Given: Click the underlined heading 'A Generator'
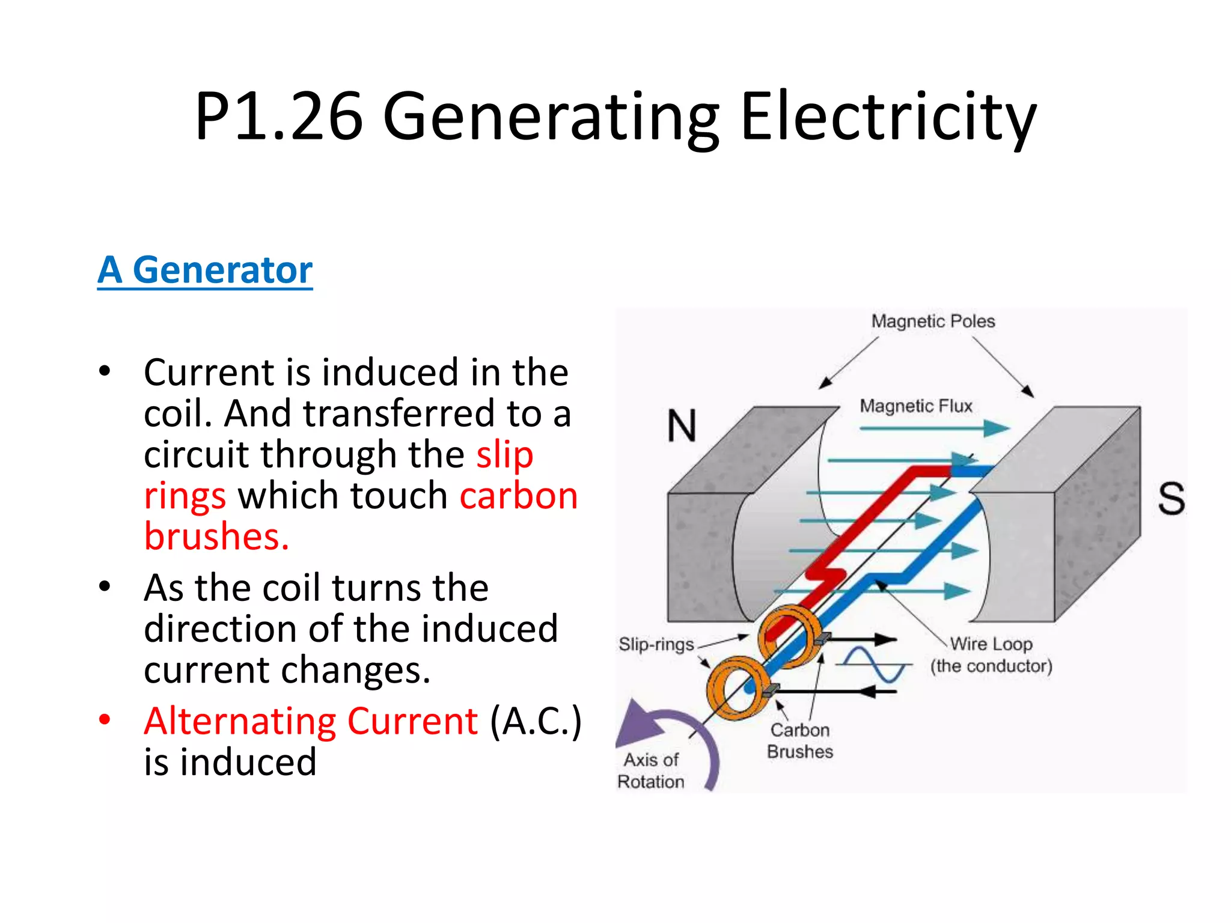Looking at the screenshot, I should (205, 270).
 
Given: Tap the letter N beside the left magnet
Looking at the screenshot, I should (682, 425).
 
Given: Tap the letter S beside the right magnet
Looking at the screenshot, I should (1171, 498).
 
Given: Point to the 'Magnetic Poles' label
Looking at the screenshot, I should (933, 321).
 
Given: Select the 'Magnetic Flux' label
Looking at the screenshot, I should (915, 406).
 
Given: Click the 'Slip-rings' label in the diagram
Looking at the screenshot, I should (656, 644).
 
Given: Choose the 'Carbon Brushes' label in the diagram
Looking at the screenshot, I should (800, 741).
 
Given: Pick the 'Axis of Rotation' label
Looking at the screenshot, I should (651, 770).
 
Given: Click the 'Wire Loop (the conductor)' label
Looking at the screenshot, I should (991, 655).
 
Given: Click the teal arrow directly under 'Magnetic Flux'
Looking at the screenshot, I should (935, 428).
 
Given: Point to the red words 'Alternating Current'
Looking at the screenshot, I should (311, 721).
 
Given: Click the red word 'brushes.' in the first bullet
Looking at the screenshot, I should (216, 536).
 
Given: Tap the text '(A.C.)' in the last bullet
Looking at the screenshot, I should (536, 721).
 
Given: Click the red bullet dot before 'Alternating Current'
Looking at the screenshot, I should (105, 719).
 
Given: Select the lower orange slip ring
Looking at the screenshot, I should (735, 687).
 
